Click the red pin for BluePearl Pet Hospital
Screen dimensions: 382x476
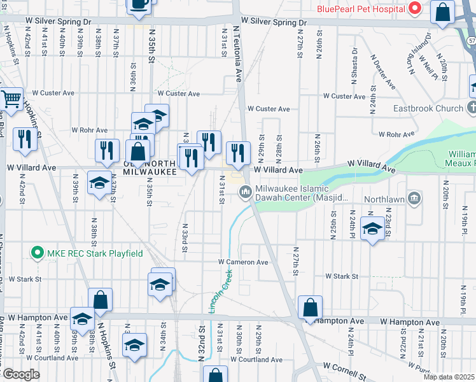414,9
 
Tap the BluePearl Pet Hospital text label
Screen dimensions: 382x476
361,10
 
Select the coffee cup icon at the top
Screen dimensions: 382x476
139,4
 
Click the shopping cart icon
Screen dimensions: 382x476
11,99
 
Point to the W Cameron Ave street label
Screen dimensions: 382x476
244,262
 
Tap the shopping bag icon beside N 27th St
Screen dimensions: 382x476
310,308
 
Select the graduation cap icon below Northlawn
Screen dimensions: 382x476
372,229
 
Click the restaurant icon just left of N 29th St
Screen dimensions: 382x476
238,153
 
